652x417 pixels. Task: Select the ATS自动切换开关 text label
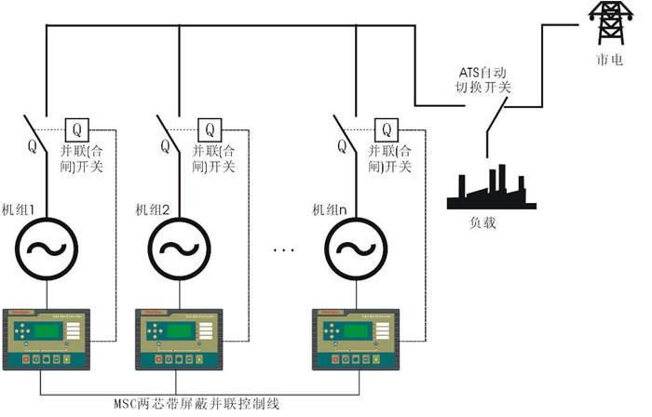click(x=484, y=80)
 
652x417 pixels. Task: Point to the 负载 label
click(x=482, y=223)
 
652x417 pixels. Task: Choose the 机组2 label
click(x=153, y=209)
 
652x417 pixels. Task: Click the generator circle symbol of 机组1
click(x=43, y=249)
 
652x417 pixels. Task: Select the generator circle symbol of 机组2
click(x=176, y=249)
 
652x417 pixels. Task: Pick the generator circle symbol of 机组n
click(x=352, y=249)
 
